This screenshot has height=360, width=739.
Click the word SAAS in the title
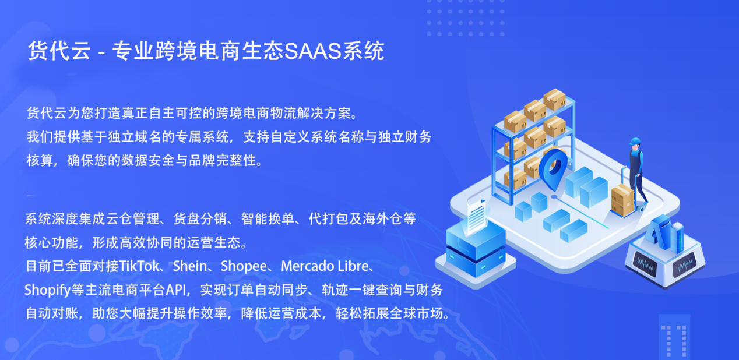pyautogui.click(x=312, y=51)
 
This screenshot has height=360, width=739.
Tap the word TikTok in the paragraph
pyautogui.click(x=139, y=266)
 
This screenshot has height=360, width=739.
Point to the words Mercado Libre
pyautogui.click(x=325, y=266)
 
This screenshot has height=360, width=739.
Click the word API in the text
pyautogui.click(x=176, y=290)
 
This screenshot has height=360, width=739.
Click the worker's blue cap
pyautogui.click(x=635, y=142)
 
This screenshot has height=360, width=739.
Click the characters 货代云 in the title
pyautogui.click(x=59, y=51)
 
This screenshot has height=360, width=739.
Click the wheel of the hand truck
pyautogui.click(x=641, y=209)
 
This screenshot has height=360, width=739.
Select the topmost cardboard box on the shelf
pyautogui.click(x=555, y=99)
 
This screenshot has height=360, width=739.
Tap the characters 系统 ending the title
pyautogui.click(x=364, y=51)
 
